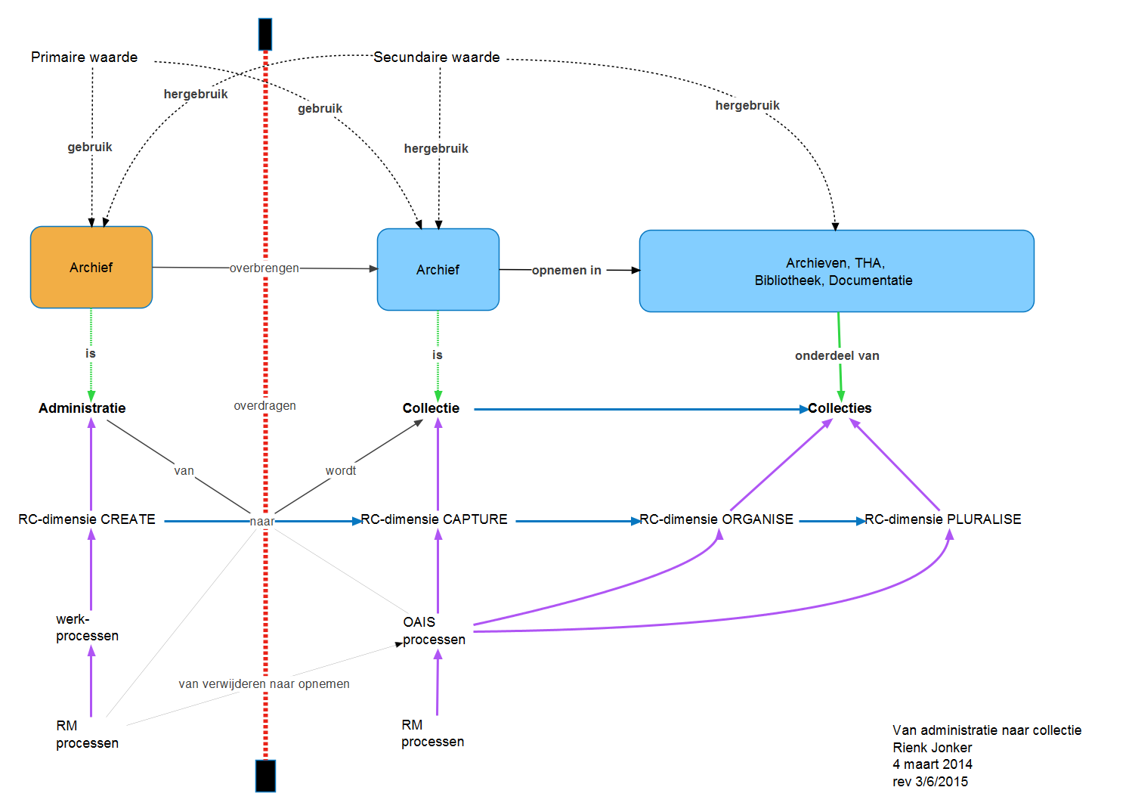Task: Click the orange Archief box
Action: pyautogui.click(x=91, y=268)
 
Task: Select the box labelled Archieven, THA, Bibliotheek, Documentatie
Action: pyautogui.click(x=836, y=271)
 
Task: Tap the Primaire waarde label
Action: pyautogui.click(x=84, y=57)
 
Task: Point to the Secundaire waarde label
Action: pyautogui.click(x=437, y=57)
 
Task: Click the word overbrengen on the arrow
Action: pyautogui.click(x=264, y=268)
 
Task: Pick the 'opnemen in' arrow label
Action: pyautogui.click(x=566, y=271)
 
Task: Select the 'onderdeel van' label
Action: pyautogui.click(x=837, y=356)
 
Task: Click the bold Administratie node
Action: pyautogui.click(x=82, y=408)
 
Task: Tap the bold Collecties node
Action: pyautogui.click(x=840, y=408)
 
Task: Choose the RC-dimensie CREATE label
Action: pyautogui.click(x=87, y=519)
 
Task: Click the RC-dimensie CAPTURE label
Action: pyautogui.click(x=434, y=519)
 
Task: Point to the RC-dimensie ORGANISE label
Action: pyautogui.click(x=716, y=519)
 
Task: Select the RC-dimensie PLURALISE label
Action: pyautogui.click(x=943, y=519)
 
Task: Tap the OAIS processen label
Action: pyautogui.click(x=433, y=631)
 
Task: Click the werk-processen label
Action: pyautogui.click(x=87, y=628)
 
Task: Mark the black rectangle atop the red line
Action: pyautogui.click(x=265, y=34)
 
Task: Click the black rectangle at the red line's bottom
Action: pyautogui.click(x=265, y=776)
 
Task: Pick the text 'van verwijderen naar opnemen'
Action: pyautogui.click(x=264, y=684)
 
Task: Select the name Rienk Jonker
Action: pyautogui.click(x=932, y=748)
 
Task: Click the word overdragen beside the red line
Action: pyautogui.click(x=264, y=406)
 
